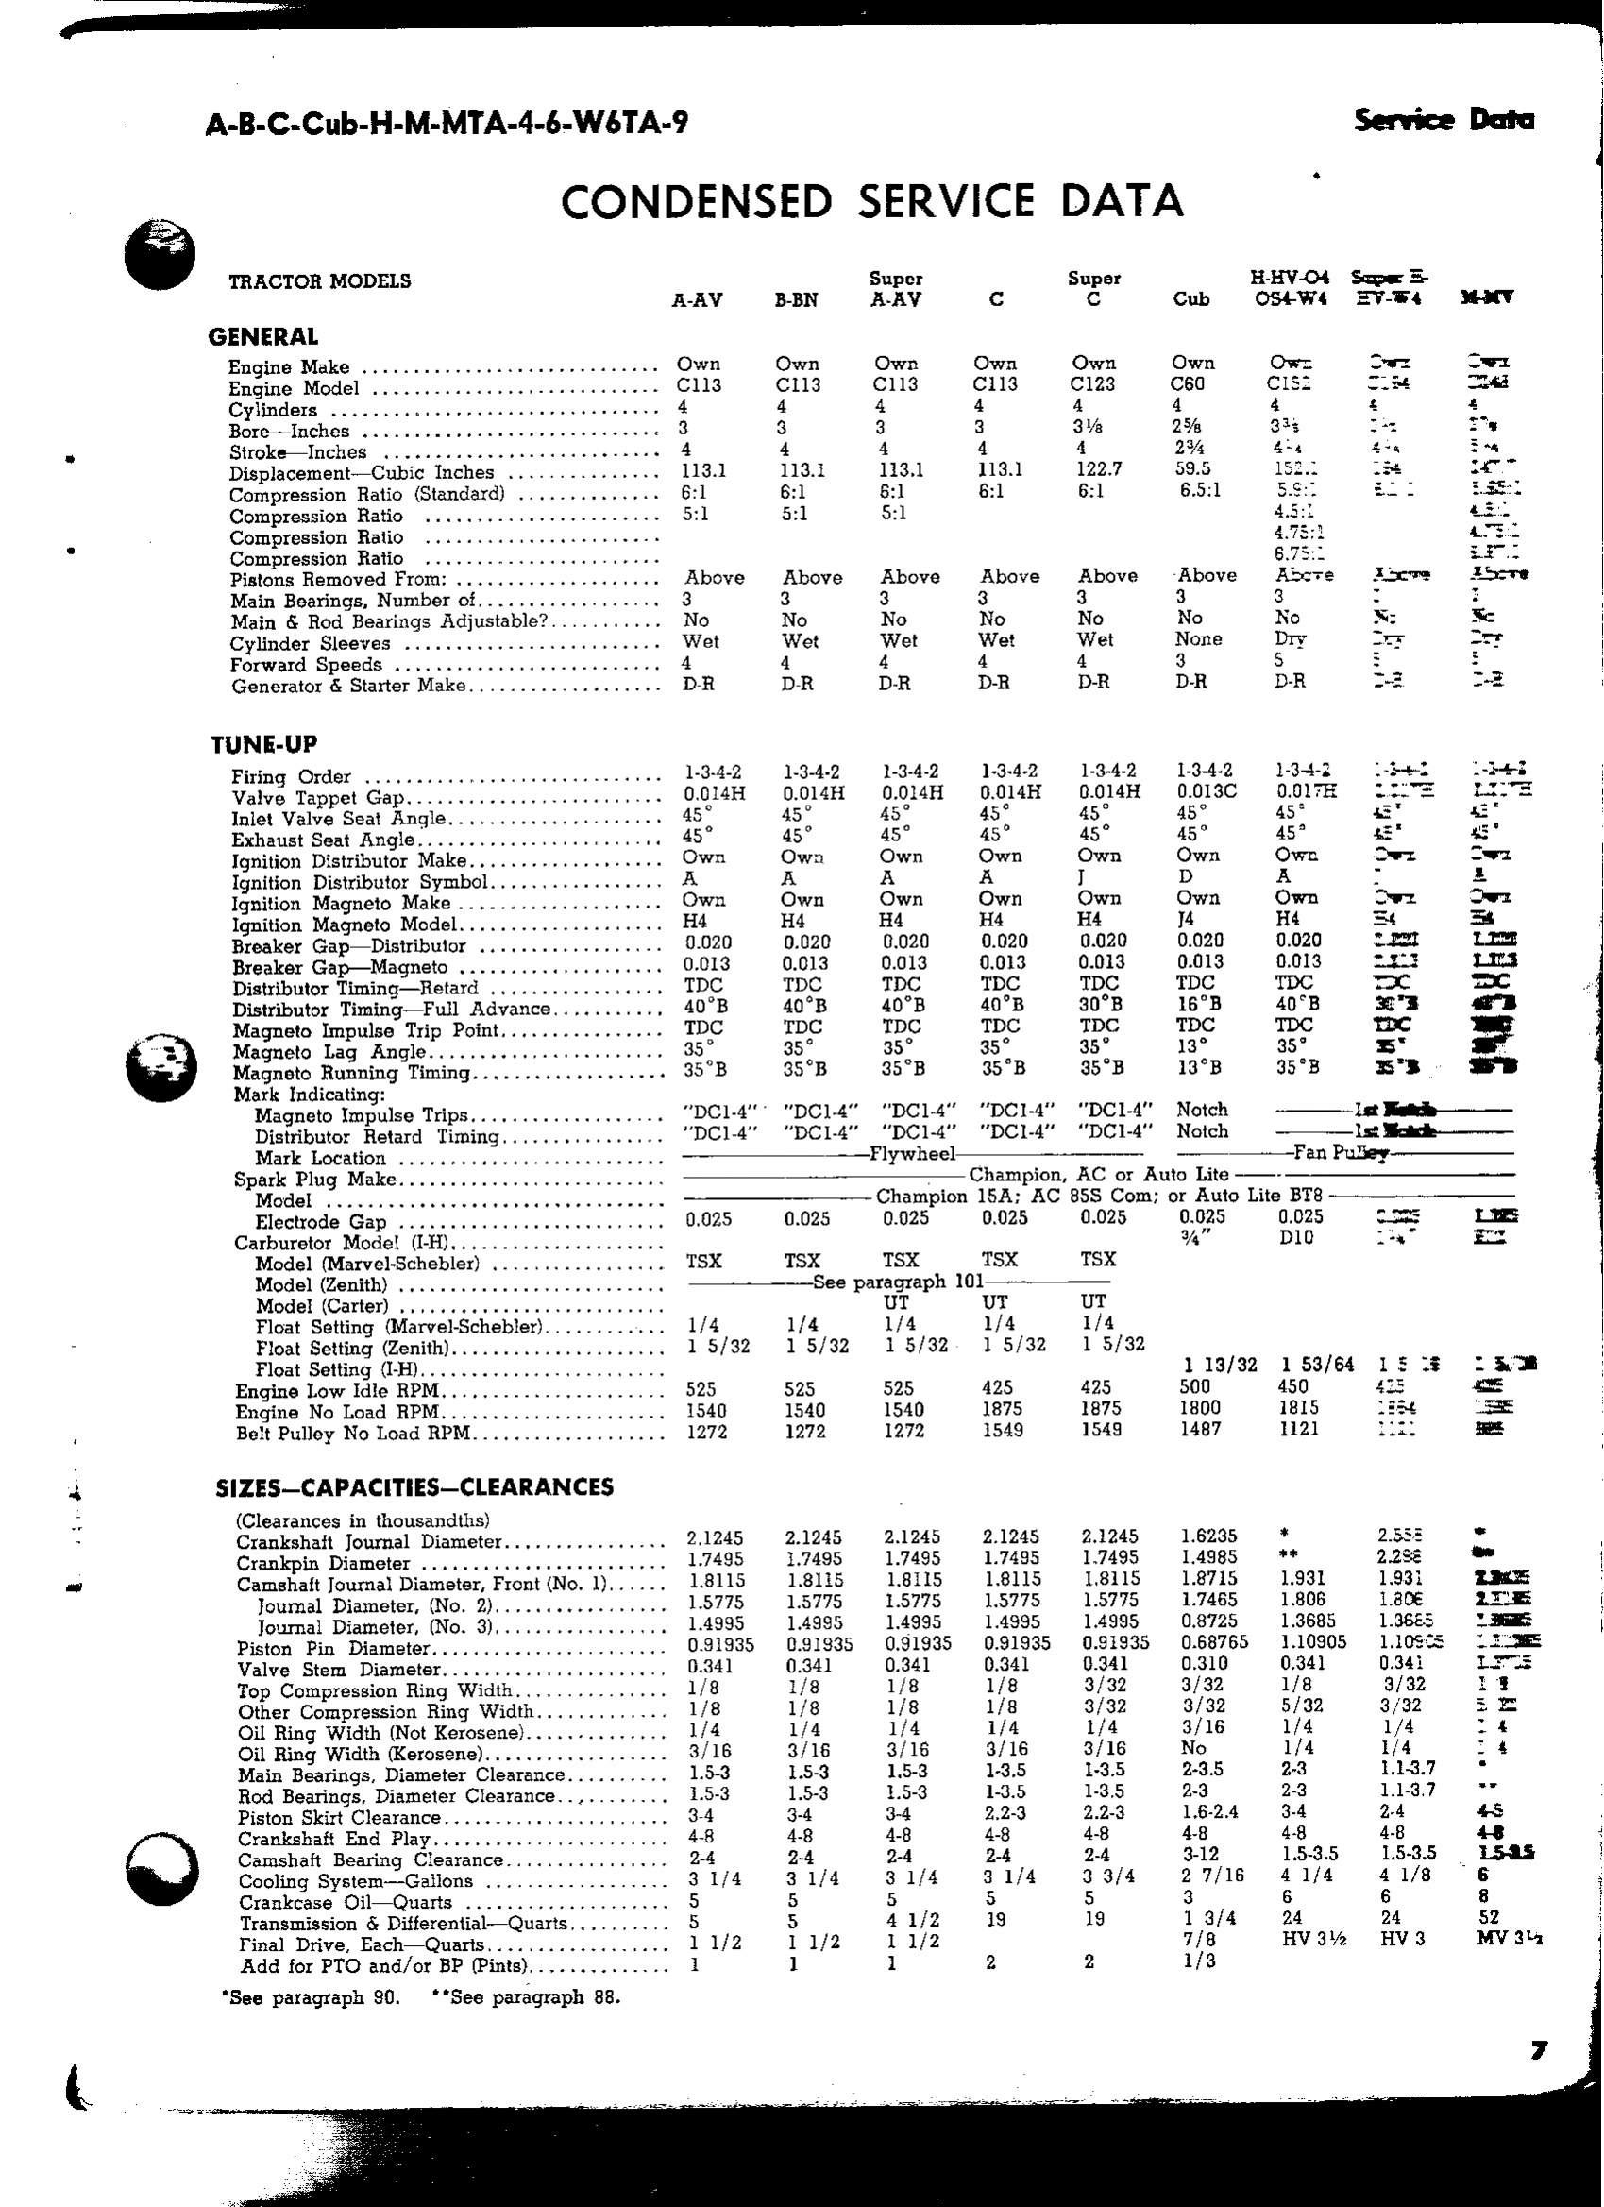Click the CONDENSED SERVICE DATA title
(x=871, y=201)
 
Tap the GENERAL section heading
(x=263, y=338)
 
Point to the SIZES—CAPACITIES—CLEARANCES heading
(x=414, y=1486)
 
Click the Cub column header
(x=1191, y=299)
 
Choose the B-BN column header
(x=796, y=300)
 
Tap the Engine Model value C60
(x=1188, y=384)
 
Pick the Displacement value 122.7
(x=1096, y=469)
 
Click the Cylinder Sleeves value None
(x=1198, y=639)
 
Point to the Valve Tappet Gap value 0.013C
(x=1207, y=792)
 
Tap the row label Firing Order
(x=291, y=777)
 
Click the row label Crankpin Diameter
(x=323, y=1564)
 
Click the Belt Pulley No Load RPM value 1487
(x=1198, y=1430)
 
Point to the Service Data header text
(x=1443, y=121)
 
